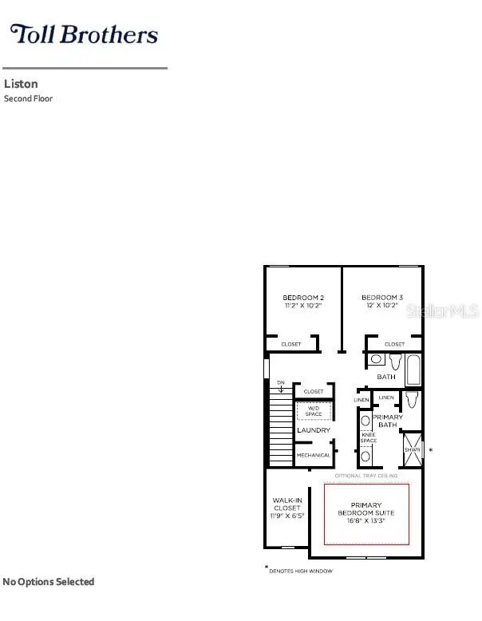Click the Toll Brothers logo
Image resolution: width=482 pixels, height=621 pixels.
pos(83,34)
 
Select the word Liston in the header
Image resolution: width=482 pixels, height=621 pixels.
pos(21,84)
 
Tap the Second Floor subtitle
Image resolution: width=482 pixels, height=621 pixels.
pos(28,99)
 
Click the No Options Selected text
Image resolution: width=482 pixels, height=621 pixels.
pos(49,582)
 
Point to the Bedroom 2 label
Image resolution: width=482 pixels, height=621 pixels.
pos(302,298)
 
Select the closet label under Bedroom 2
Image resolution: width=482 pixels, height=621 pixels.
pos(291,344)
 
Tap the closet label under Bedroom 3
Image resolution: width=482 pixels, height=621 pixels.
pos(394,344)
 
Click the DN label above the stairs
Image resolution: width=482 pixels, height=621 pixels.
pos(280,383)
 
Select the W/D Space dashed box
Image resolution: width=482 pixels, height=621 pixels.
pos(314,411)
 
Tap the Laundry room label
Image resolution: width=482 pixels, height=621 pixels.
pos(314,430)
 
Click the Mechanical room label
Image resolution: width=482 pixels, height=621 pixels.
pos(313,455)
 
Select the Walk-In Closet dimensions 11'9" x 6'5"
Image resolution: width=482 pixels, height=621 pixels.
pos(287,516)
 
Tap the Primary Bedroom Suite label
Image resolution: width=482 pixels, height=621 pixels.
pos(366,511)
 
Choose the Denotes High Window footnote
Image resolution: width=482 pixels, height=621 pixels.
pos(301,571)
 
